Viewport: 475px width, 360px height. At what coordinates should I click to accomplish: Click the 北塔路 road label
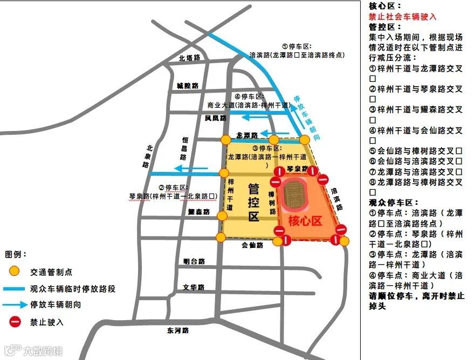coord(190,58)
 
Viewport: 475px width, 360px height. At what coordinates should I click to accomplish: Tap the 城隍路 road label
coord(187,86)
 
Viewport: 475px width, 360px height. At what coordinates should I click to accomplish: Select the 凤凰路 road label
coord(215,117)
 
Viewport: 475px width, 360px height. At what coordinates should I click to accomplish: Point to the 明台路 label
coord(194,261)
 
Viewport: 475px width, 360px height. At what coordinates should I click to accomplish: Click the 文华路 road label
coord(194,287)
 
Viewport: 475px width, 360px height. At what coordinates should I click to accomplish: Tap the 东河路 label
coord(178,330)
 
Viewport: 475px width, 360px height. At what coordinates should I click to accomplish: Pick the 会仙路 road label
coord(252,245)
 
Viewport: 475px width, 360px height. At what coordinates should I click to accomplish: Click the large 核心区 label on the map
coord(305,220)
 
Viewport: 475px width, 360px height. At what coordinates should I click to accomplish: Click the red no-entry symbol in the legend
coord(15,322)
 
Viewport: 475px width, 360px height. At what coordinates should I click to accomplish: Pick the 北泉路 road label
coord(148,157)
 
